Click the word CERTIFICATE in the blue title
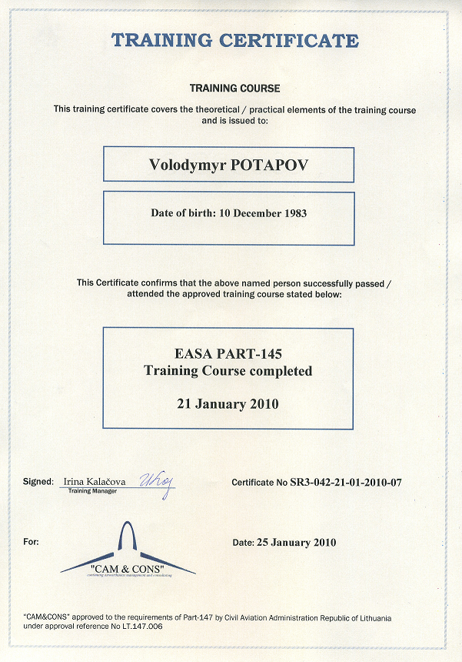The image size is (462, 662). [291, 41]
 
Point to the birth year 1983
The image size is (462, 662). [292, 212]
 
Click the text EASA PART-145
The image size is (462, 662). [228, 354]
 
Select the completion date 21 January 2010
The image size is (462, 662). [228, 403]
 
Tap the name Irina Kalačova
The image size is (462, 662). [96, 481]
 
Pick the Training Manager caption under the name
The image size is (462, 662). [93, 490]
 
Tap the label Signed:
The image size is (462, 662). [38, 481]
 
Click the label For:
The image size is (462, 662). [31, 542]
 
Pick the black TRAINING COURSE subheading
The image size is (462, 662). [234, 89]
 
